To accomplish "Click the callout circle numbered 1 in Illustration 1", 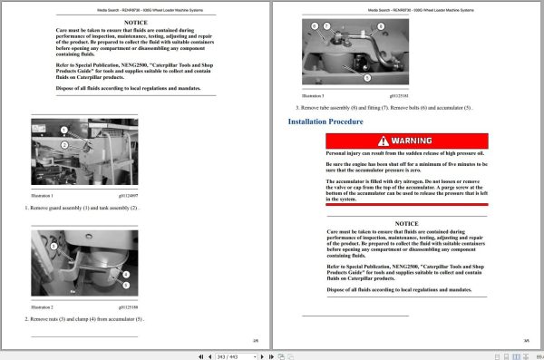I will [x=65, y=130].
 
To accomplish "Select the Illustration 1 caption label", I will [x=43, y=196].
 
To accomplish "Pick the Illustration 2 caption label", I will [x=43, y=307].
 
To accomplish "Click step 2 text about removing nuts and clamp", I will [x=85, y=319].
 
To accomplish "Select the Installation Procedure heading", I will [x=325, y=122].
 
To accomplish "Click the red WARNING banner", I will [x=407, y=141].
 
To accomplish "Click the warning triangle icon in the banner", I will [x=386, y=141].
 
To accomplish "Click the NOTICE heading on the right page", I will [x=407, y=222].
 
